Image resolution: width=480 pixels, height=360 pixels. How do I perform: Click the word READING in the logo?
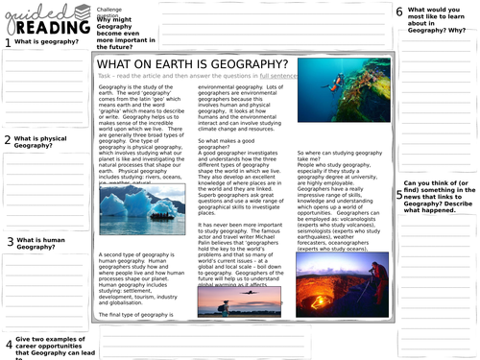tap(48, 28)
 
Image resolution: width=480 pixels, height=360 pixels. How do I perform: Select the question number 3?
tap(9, 243)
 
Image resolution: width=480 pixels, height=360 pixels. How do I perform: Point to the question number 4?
tap(9, 344)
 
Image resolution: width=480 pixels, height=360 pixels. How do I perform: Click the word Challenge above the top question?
tap(110, 8)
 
